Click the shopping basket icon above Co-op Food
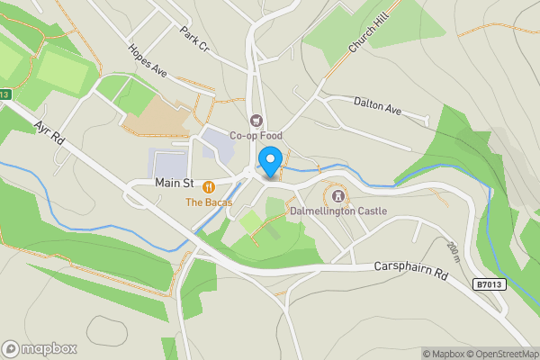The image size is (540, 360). [256, 121]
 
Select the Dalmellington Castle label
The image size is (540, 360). [338, 211]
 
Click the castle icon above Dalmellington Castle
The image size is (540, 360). [338, 194]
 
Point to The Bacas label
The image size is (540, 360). [209, 202]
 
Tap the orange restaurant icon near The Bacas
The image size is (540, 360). [209, 186]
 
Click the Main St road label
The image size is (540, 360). [175, 183]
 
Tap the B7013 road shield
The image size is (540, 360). [488, 284]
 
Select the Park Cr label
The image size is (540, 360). [193, 39]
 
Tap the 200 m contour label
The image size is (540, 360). [453, 251]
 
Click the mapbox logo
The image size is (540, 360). [40, 348]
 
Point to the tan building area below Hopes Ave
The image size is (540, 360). [166, 112]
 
